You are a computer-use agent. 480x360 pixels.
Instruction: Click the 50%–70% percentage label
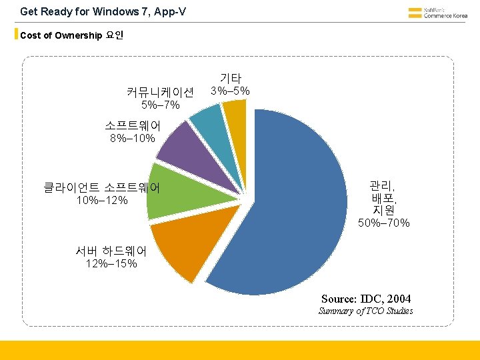383,223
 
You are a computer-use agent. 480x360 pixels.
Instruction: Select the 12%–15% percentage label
111,263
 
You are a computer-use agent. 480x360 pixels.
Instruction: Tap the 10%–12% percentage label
102,201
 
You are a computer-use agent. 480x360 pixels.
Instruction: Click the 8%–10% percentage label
132,139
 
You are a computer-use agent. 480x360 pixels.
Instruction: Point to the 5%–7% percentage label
160,105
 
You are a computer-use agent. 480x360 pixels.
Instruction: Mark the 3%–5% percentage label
230,91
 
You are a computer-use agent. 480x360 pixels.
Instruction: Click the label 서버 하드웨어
111,251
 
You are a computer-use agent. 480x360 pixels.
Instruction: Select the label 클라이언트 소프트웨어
102,187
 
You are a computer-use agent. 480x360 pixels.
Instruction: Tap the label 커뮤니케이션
160,92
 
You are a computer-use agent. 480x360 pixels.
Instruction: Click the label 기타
230,78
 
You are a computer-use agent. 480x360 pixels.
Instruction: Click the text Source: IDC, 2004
366,298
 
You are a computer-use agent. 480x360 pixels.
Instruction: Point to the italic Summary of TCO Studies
365,311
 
